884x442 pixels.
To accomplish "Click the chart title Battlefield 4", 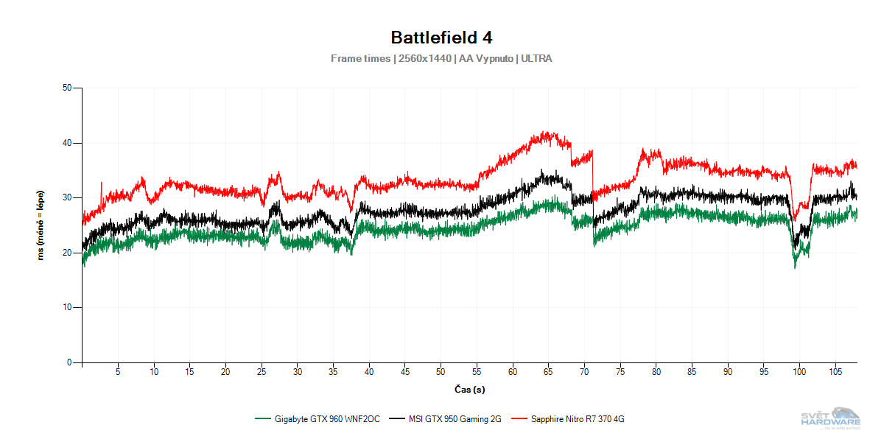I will [x=441, y=37].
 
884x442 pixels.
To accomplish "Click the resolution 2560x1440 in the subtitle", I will [x=424, y=58].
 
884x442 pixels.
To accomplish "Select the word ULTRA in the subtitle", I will [x=536, y=58].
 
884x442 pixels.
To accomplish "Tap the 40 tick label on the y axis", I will [x=67, y=143].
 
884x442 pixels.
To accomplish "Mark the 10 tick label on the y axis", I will [x=67, y=307].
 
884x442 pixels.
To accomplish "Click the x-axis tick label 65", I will [x=548, y=372].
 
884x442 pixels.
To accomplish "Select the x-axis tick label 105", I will [x=835, y=372].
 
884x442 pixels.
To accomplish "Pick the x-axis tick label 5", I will [x=118, y=372].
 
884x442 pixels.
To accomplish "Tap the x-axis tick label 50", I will [x=441, y=372].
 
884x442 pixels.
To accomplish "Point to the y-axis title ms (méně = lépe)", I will [x=42, y=225].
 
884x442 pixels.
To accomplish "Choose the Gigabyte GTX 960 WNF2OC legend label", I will [x=327, y=419].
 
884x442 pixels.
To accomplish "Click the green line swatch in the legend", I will [x=263, y=419].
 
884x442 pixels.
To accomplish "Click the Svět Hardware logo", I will [x=830, y=418].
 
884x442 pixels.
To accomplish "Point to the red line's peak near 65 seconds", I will [x=546, y=133].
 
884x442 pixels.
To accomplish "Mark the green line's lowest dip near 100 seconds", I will [x=795, y=267].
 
